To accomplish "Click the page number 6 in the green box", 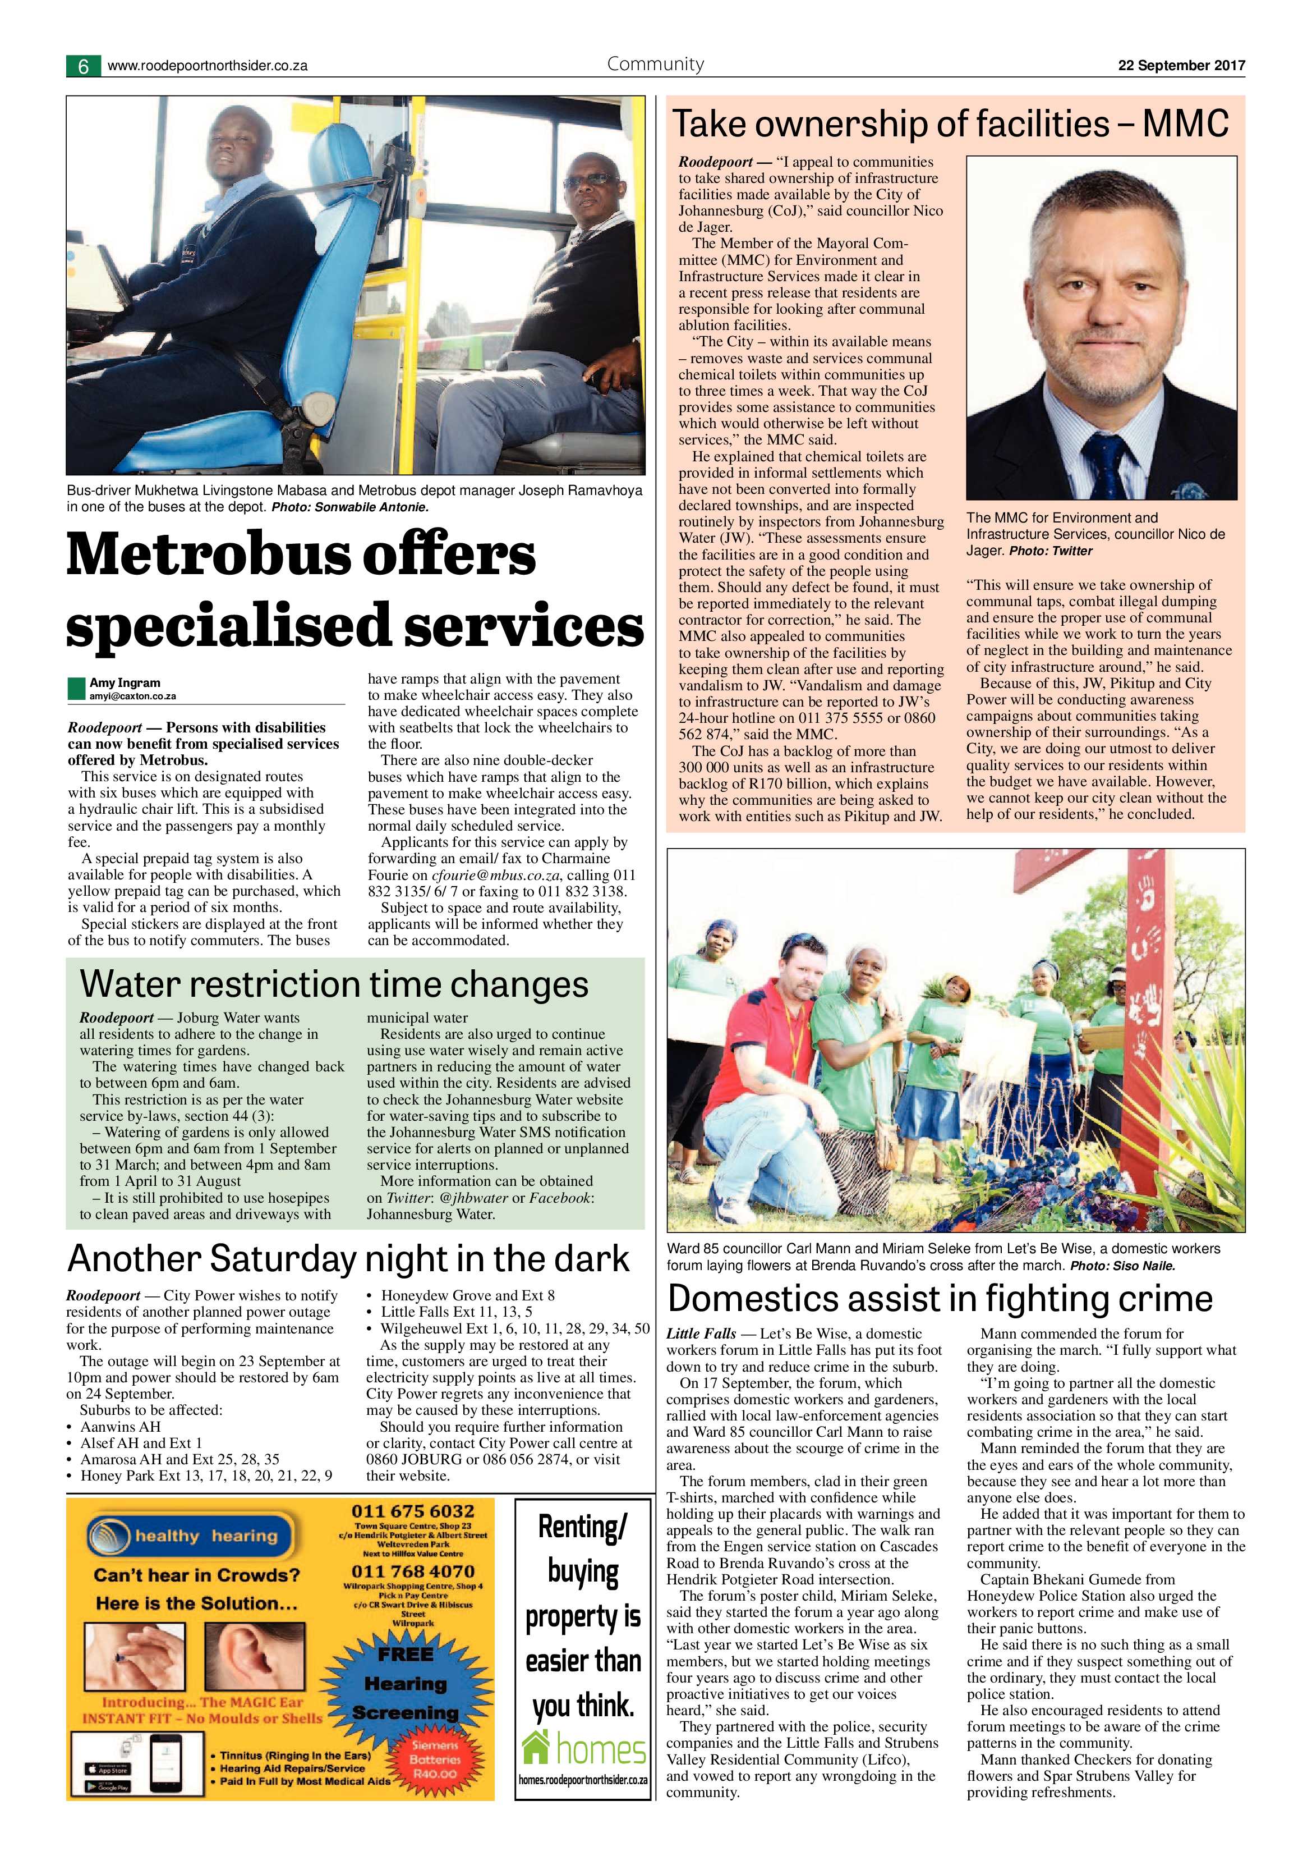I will (83, 66).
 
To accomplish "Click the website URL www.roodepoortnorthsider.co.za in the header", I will (207, 66).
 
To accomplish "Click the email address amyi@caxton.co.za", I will (132, 696).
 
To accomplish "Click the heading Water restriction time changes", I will (334, 984).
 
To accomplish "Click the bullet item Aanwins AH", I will (121, 1427).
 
